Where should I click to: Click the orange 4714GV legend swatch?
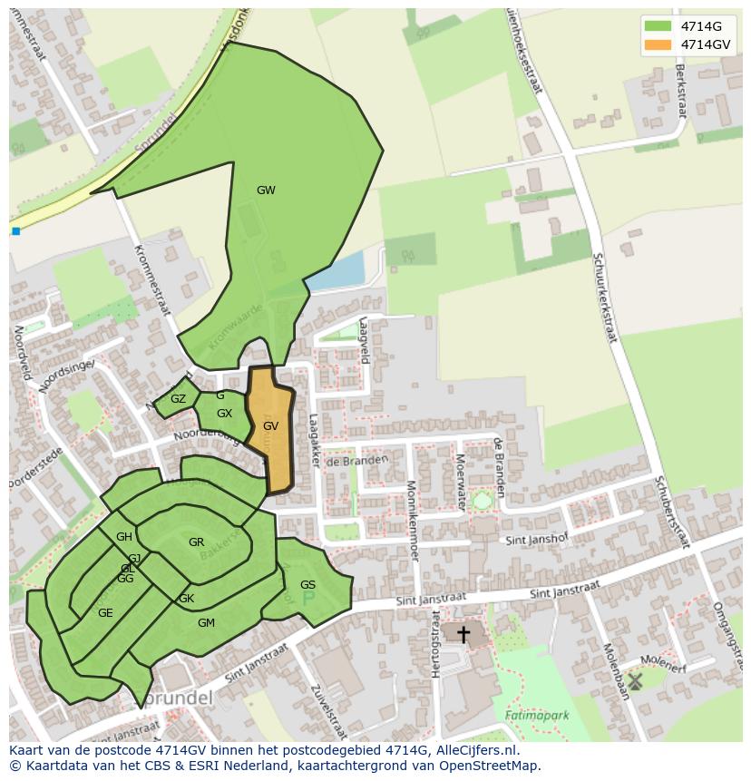click(658, 44)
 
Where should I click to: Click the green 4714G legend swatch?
click(658, 25)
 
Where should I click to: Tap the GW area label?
click(266, 190)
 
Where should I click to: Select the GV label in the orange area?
click(270, 425)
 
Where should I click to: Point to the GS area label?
click(307, 585)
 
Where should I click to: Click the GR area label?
click(196, 542)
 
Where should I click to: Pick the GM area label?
click(206, 622)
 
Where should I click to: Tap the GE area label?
click(105, 613)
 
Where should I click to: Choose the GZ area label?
click(178, 399)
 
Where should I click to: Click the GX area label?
click(224, 414)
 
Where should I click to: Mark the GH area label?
click(124, 537)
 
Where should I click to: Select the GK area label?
click(186, 599)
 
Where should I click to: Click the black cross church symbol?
click(463, 634)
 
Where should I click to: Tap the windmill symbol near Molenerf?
click(635, 680)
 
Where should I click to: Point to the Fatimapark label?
click(538, 715)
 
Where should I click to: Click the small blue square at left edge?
click(16, 231)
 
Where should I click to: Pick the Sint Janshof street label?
click(536, 540)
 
